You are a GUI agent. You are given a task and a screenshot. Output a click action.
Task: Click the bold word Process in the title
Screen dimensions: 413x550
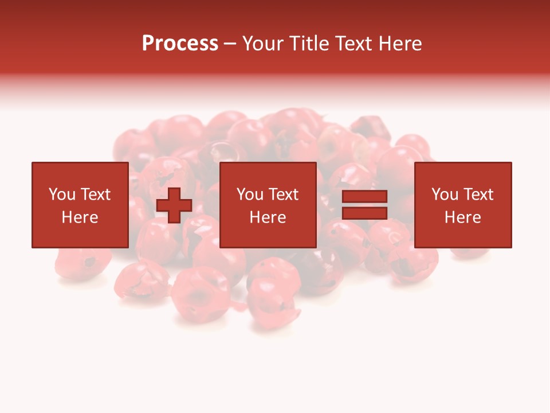[180, 44]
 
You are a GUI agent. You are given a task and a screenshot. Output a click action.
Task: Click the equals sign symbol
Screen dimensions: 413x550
[364, 205]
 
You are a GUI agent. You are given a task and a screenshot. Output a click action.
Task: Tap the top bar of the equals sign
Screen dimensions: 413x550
[364, 197]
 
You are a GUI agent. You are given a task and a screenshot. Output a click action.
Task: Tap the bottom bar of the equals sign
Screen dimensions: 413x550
[364, 213]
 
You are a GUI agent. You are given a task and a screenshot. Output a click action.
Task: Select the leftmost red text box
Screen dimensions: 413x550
[80, 205]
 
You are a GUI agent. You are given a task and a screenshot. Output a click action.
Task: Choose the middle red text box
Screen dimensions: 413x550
[268, 205]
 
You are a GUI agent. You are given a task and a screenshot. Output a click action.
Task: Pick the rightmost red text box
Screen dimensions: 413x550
[462, 205]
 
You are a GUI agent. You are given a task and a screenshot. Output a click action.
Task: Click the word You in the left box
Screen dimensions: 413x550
[62, 194]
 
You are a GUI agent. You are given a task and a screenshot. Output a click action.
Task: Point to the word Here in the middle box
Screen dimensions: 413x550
[268, 217]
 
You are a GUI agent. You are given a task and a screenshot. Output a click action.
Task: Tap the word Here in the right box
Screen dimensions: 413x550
[462, 217]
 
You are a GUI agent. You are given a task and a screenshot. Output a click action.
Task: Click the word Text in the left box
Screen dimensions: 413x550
[95, 194]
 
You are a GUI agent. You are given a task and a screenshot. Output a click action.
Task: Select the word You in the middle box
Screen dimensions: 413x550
[250, 194]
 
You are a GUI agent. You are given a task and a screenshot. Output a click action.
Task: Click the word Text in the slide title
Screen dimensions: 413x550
[353, 44]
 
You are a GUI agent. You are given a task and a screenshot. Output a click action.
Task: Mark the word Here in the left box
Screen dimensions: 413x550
[80, 217]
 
